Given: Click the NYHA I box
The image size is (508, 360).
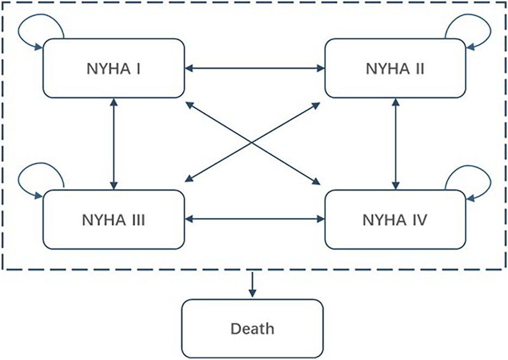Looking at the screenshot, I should tap(113, 69).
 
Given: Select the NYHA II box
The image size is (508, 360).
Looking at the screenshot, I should tap(395, 69).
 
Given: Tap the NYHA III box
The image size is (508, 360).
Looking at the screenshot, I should tap(113, 219).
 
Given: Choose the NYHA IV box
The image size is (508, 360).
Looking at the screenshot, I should tap(395, 219).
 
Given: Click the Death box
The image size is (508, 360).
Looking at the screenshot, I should tap(252, 328).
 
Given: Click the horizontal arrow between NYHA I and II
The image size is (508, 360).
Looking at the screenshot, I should tap(254, 69).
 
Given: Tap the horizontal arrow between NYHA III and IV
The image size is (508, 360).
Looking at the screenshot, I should tap(254, 219).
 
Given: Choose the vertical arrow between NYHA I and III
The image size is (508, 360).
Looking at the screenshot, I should tap(113, 144).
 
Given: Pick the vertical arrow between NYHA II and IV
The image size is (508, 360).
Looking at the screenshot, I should tap(395, 144).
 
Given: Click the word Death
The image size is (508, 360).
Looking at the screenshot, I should tap(252, 328).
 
